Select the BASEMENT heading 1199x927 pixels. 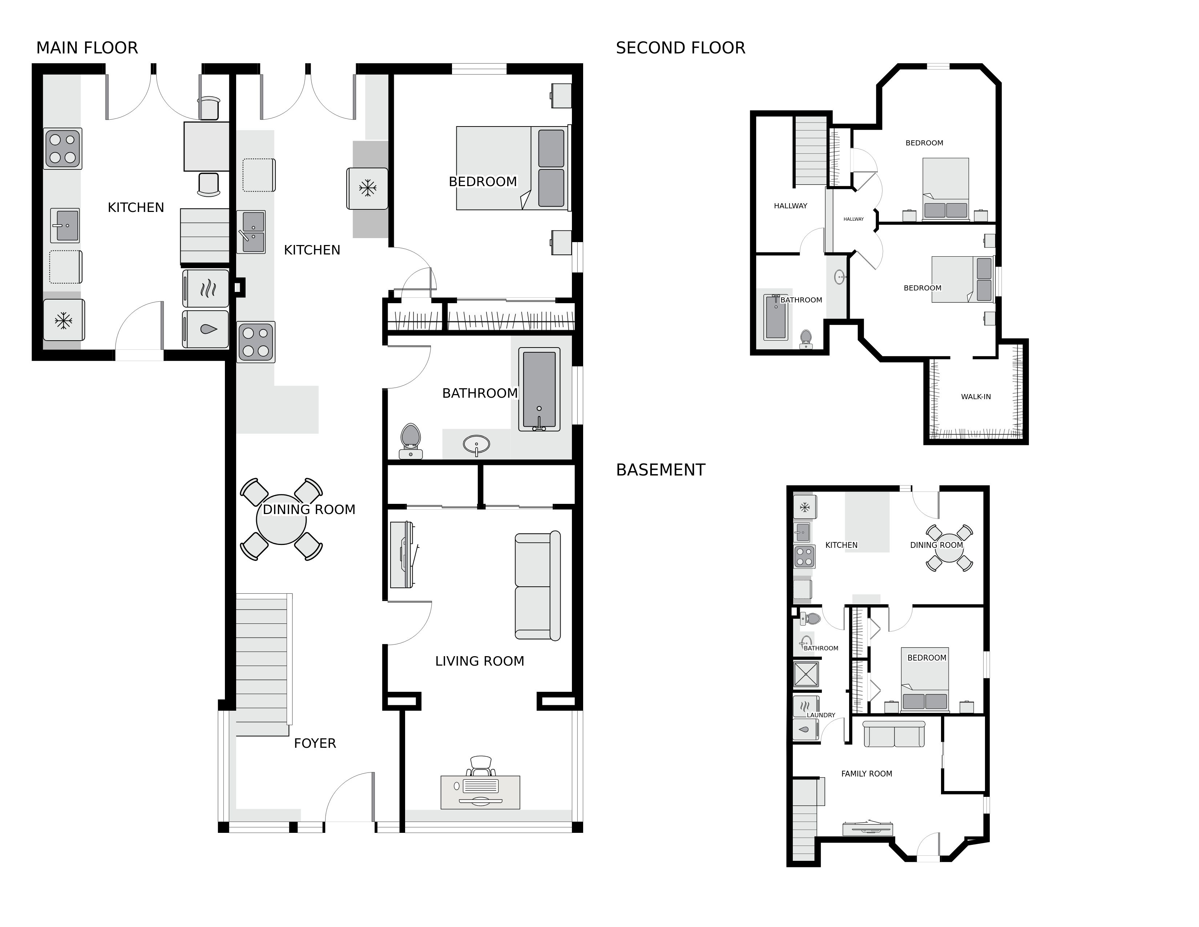click(661, 470)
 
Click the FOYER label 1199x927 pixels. click(315, 743)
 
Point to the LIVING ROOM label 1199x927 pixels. click(479, 661)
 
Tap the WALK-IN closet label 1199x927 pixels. click(976, 397)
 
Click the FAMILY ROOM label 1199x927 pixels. click(866, 774)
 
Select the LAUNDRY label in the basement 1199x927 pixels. click(821, 715)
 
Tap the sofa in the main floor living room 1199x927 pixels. click(537, 585)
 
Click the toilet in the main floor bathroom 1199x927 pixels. click(411, 441)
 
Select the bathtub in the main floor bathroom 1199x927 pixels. click(539, 389)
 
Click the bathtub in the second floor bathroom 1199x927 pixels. click(775, 317)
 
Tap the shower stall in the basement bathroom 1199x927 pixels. click(806, 674)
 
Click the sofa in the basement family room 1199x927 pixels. click(894, 734)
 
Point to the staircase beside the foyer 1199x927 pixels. click(262, 665)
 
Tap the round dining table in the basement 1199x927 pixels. click(949, 548)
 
